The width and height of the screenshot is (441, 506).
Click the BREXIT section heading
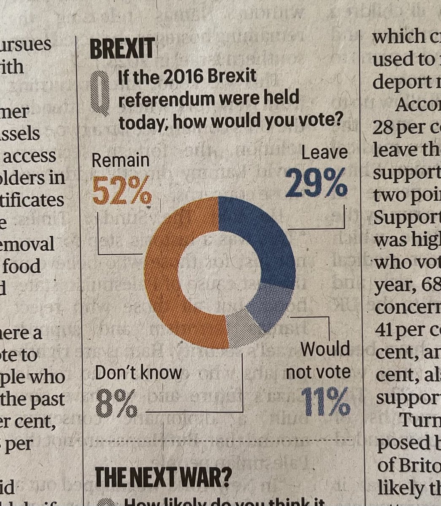click(x=122, y=50)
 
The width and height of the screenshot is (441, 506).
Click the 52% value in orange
click(x=121, y=189)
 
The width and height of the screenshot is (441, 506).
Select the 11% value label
click(x=326, y=402)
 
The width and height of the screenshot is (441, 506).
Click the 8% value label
click(x=116, y=403)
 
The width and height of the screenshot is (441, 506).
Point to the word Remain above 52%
click(x=120, y=161)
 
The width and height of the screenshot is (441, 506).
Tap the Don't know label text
click(x=138, y=373)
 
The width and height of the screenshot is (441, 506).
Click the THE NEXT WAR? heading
click(x=163, y=476)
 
